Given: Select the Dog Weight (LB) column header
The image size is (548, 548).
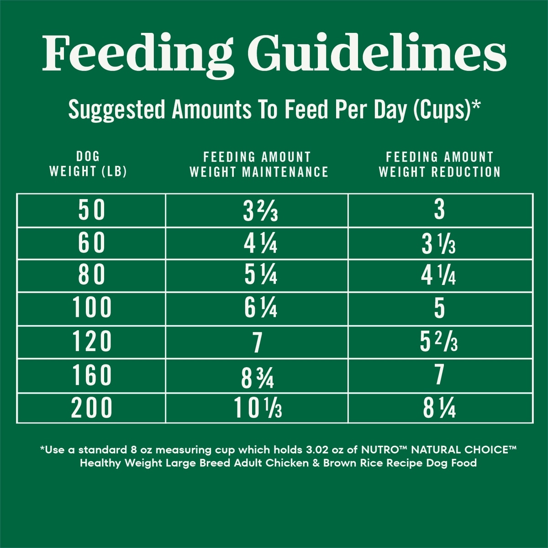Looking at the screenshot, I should (88, 164).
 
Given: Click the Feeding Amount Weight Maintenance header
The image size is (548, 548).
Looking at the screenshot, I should (258, 164).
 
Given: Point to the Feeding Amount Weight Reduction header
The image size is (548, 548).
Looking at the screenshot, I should (439, 164).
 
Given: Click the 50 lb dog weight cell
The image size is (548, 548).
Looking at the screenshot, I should (92, 211).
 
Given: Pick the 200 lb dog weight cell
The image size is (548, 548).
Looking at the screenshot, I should (92, 408).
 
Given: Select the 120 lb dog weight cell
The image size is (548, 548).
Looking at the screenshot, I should (92, 342).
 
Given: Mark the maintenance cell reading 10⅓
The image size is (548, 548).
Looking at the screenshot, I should (258, 408).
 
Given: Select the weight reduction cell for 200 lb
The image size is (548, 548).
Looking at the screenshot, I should (439, 408).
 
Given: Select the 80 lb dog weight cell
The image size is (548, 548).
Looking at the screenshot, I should (92, 276).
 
